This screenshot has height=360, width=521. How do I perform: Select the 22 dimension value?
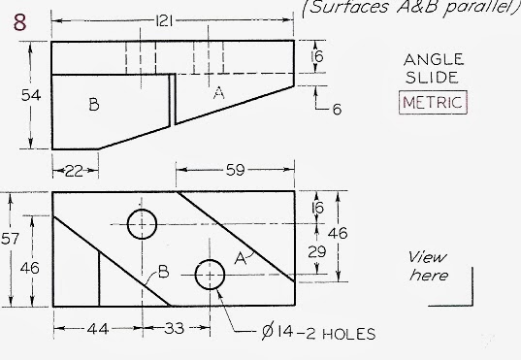pos(74,171)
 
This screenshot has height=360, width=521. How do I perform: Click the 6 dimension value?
pos(337,109)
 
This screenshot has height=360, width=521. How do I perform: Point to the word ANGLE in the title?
pos(434,60)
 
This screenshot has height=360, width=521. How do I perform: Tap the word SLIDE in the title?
pos(434,79)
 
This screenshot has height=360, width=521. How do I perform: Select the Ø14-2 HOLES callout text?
pos(318,335)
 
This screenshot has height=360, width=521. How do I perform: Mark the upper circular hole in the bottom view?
pos(142,223)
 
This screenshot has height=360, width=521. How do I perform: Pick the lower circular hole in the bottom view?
pos(211,275)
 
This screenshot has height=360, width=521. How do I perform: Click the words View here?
pos(428,266)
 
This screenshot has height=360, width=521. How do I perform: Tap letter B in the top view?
pos(94,105)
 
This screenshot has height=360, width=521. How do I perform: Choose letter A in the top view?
pos(218,93)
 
